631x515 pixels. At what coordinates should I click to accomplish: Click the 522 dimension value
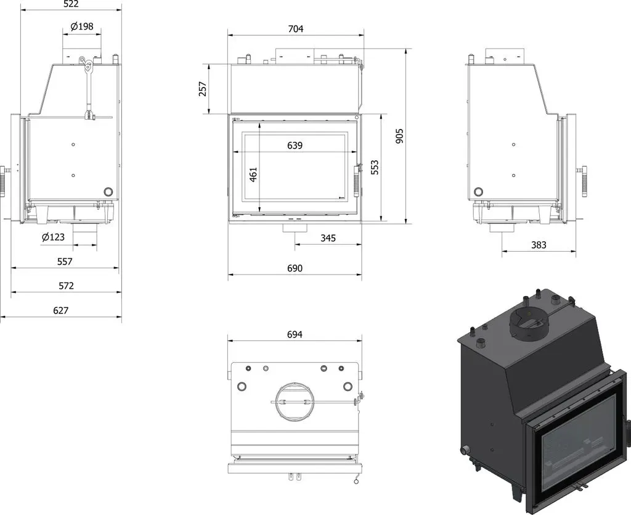tap(71, 4)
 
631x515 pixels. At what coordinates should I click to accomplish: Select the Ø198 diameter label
tap(82, 27)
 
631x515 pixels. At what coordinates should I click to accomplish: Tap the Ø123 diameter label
tap(53, 237)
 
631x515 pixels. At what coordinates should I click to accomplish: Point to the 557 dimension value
tap(64, 262)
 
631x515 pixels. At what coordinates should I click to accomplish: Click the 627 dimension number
tap(61, 310)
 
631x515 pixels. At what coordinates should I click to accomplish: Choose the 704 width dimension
tap(296, 29)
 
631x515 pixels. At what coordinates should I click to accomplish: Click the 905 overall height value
tap(399, 136)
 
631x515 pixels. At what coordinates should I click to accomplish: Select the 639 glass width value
tap(295, 146)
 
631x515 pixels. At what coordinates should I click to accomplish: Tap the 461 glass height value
tap(253, 175)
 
